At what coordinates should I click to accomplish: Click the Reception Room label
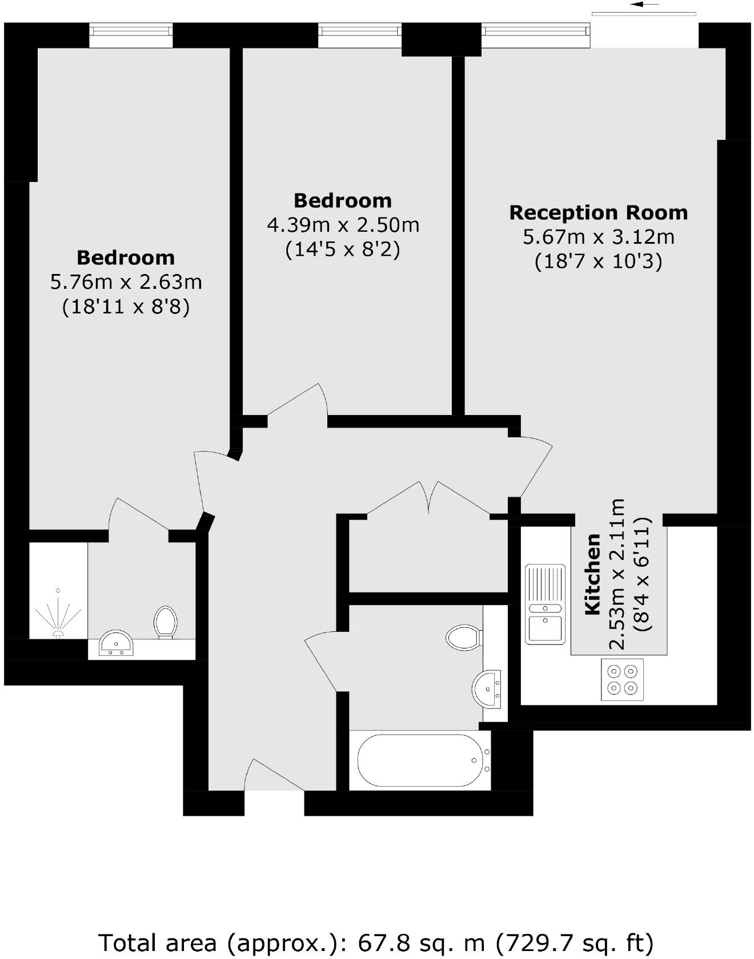[598, 213]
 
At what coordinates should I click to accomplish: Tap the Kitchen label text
[593, 574]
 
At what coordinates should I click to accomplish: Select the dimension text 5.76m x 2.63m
[126, 282]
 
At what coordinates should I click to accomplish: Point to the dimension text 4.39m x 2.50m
[343, 225]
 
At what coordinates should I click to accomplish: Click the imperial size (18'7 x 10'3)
[598, 261]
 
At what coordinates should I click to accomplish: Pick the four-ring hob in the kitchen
[622, 679]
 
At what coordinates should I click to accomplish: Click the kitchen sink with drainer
[545, 604]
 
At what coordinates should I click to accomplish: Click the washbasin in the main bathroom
[487, 688]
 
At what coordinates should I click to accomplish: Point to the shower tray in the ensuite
[58, 591]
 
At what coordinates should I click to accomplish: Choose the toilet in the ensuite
[165, 621]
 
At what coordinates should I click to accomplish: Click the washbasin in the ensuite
[116, 643]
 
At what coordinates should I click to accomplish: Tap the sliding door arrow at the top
[645, 5]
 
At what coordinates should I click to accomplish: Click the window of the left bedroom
[131, 35]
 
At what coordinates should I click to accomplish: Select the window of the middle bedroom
[359, 35]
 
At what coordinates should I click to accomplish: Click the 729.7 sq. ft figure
[543, 942]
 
